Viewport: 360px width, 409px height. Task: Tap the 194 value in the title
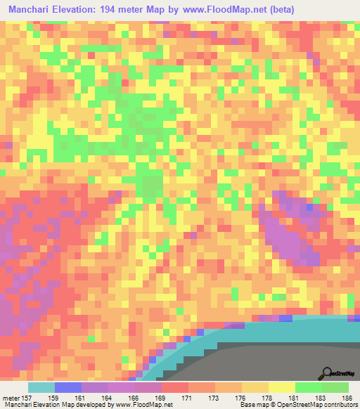coord(110,9)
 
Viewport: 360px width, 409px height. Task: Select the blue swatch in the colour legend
coord(67,387)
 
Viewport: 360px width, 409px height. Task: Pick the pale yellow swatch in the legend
coord(281,387)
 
